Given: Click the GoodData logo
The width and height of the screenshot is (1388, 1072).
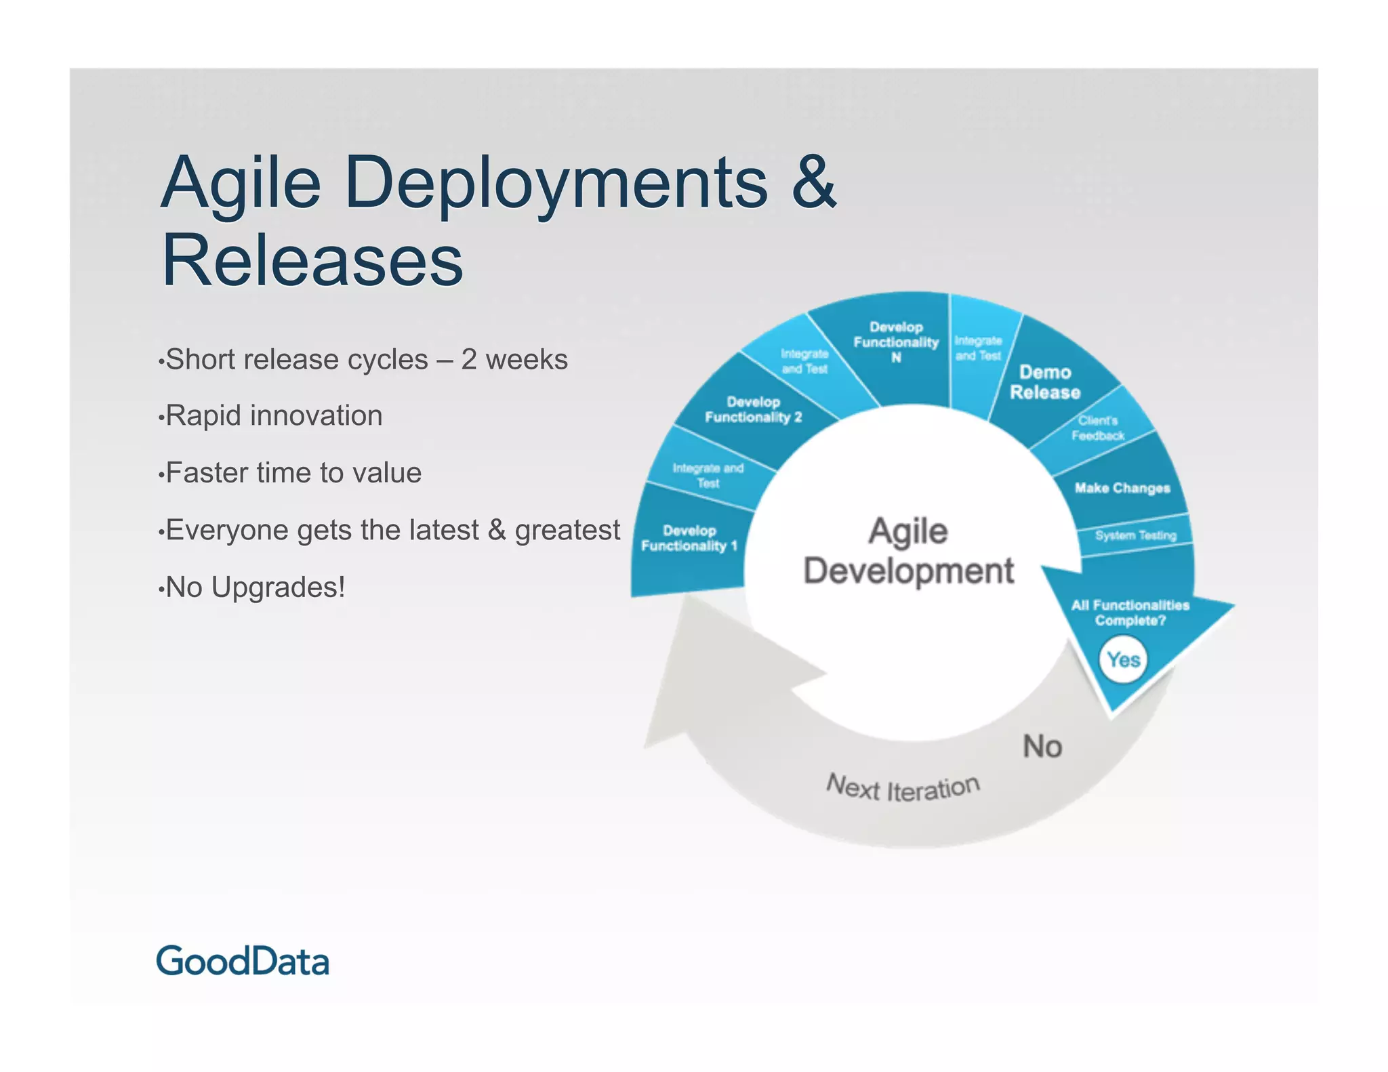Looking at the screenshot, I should (x=243, y=961).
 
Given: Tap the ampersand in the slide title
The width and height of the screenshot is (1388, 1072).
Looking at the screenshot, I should (x=813, y=182).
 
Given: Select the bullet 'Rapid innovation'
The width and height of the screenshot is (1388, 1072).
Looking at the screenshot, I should (x=274, y=415).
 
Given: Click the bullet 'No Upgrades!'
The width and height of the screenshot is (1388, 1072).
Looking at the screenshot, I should (x=256, y=587).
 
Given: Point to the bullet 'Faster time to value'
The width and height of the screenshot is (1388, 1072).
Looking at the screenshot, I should (x=293, y=472).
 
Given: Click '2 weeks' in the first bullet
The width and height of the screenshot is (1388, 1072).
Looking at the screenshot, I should (x=514, y=359).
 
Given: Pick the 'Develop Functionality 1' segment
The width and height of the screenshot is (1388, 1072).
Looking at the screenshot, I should (x=689, y=539).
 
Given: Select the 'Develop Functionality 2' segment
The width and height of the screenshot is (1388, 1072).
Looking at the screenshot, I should (x=752, y=409).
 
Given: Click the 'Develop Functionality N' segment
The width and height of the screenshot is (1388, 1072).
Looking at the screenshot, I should (x=895, y=342).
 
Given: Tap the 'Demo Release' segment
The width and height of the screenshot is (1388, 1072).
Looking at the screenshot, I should (x=1044, y=382).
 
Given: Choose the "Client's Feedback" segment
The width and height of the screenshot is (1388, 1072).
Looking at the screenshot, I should (x=1097, y=428).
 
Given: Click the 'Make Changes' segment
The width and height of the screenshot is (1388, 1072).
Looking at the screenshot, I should (x=1122, y=488).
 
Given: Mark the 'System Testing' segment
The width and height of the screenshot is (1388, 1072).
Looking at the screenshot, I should (x=1135, y=535).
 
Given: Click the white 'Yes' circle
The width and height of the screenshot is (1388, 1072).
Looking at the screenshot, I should (x=1123, y=659).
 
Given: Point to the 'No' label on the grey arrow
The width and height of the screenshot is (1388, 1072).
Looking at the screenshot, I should (x=1042, y=746).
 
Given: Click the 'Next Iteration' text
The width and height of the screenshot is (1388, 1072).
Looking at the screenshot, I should (x=903, y=788).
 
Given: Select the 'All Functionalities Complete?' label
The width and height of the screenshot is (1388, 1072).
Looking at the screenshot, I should (x=1130, y=613).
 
